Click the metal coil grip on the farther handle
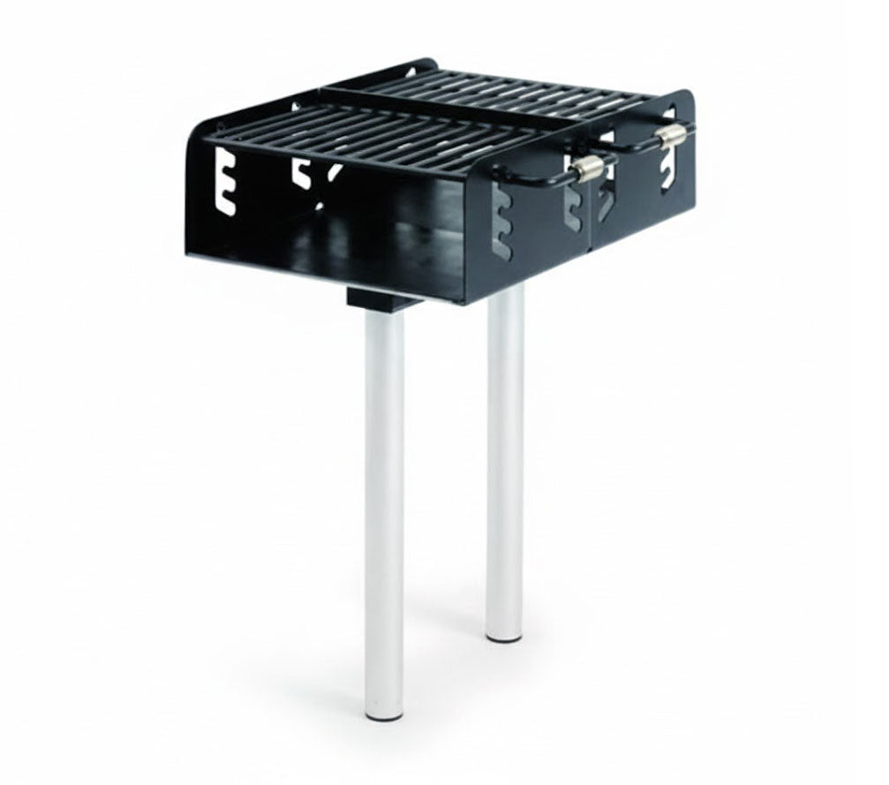(x=672, y=134)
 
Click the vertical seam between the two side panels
(x=592, y=212)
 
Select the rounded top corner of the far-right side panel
(x=685, y=97)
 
